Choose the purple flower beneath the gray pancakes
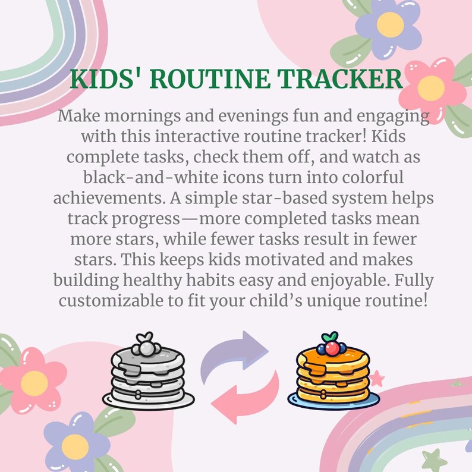(75, 442)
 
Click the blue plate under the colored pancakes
(333, 402)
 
